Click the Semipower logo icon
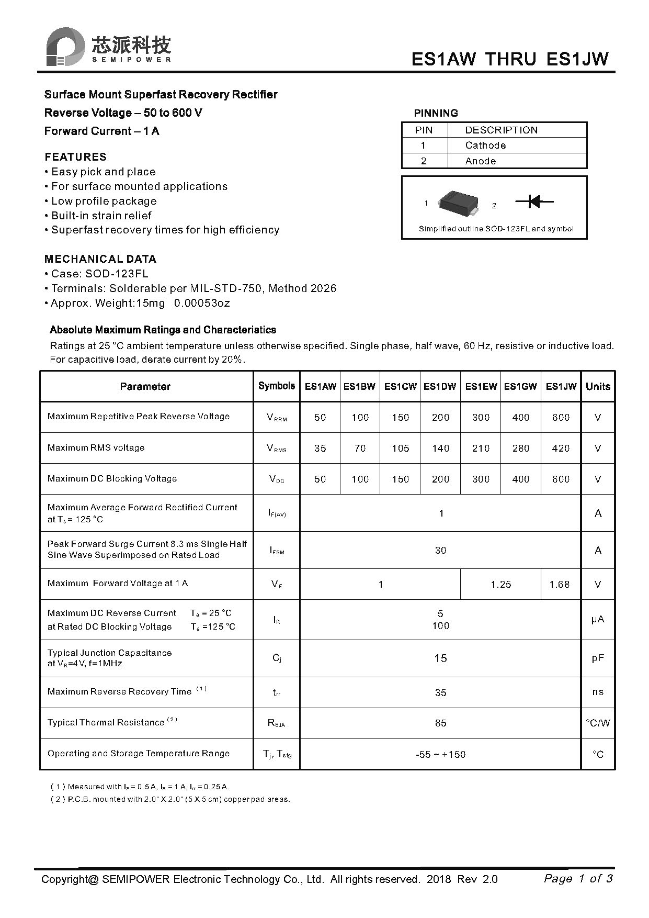pos(65,47)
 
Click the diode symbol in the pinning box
pos(534,201)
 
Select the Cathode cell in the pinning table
pos(485,145)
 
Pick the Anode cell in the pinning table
pos(480,161)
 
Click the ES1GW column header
pos(520,387)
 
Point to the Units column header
pos(598,387)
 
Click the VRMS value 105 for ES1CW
pos(401,449)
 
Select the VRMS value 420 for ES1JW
pos(561,449)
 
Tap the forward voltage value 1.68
pos(560,585)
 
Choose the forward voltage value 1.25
pos(501,585)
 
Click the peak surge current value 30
pos(440,551)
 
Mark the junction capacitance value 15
pos(440,658)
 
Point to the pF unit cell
pos(598,658)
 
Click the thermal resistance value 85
pos(440,723)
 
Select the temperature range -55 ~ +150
pos(440,755)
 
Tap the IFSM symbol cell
pos(277,551)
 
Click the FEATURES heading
pos(75,157)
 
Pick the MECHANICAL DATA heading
pos(100,259)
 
